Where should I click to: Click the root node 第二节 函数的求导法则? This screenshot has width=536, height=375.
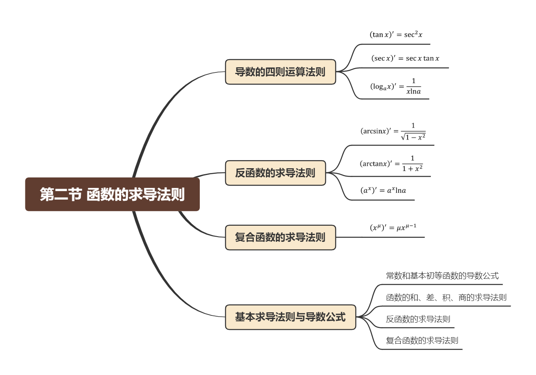(112, 194)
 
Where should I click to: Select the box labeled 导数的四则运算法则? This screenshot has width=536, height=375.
(280, 72)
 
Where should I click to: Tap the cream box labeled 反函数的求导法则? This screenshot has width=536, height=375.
(275, 173)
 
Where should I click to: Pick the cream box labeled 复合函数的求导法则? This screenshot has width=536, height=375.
(280, 237)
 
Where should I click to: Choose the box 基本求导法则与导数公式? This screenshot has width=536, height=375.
(290, 317)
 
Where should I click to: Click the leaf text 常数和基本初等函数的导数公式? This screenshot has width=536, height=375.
(442, 276)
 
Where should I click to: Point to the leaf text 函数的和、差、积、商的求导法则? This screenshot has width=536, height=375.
(446, 298)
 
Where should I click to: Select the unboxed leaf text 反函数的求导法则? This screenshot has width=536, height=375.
(418, 319)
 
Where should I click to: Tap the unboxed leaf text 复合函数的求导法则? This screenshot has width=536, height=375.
(422, 341)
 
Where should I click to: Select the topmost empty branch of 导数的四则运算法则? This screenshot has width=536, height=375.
(395, 44)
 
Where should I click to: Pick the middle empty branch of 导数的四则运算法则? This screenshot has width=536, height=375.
(403, 68)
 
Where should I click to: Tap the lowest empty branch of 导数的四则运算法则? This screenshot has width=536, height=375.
(395, 99)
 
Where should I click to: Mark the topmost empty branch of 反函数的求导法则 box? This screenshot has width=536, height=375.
(391, 145)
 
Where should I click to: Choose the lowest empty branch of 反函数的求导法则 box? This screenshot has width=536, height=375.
(383, 200)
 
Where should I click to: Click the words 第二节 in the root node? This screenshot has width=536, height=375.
(60, 194)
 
